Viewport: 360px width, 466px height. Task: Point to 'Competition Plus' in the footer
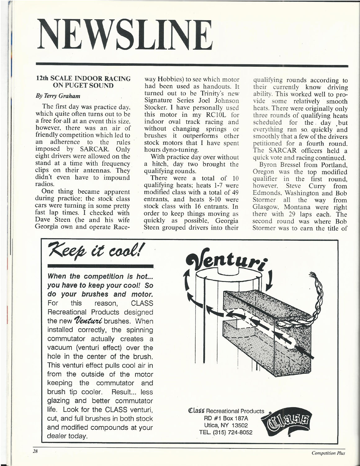pos(328,453)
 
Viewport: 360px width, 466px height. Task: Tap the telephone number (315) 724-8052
pos(227,432)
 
